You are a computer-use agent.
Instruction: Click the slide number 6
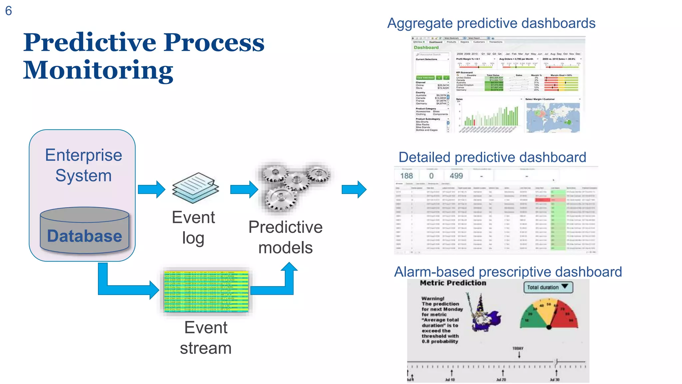point(9,11)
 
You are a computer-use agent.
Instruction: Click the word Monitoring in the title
point(98,70)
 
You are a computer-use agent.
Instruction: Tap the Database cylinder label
point(84,236)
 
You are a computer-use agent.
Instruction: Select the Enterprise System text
point(84,165)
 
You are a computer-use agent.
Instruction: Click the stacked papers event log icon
point(195,188)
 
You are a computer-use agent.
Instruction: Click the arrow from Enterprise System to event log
point(152,189)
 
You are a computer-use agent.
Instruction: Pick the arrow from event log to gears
point(244,189)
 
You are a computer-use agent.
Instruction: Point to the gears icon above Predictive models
point(293,187)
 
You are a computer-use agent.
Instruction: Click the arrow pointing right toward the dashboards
point(354,189)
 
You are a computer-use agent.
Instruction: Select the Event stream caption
point(206,338)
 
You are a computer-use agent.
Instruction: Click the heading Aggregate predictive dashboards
point(491,23)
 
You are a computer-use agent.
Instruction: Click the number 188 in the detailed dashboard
point(406,176)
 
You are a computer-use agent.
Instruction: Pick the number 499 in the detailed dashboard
point(456,176)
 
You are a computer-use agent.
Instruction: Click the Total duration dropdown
point(548,287)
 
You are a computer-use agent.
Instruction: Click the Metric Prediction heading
point(453,283)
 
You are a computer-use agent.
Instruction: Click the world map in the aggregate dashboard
point(553,117)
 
